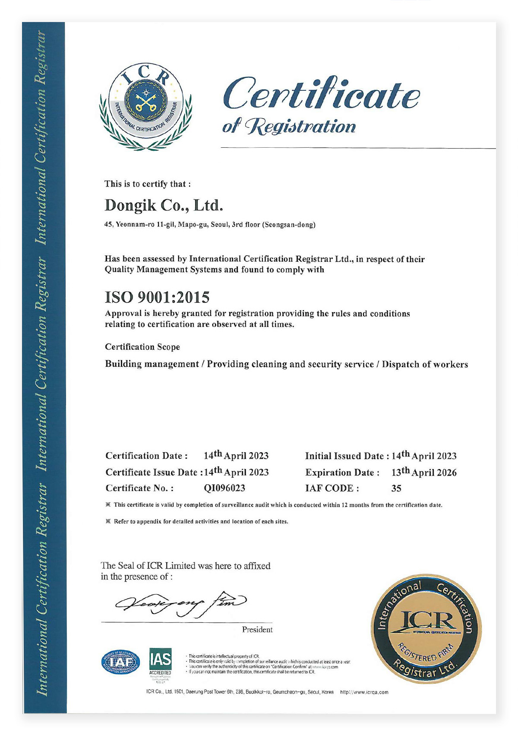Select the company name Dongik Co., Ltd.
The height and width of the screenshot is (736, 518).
[164, 205]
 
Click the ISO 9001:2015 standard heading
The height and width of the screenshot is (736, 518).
[157, 297]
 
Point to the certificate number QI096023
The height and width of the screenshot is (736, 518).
[224, 488]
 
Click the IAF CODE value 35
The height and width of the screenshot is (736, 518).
[396, 489]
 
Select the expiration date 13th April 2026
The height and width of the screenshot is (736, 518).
[424, 472]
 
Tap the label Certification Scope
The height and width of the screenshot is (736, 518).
[142, 347]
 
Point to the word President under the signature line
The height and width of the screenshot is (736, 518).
[257, 630]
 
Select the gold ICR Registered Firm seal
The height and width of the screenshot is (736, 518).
[426, 628]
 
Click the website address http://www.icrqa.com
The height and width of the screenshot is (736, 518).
[364, 692]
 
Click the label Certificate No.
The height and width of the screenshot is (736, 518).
[139, 488]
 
